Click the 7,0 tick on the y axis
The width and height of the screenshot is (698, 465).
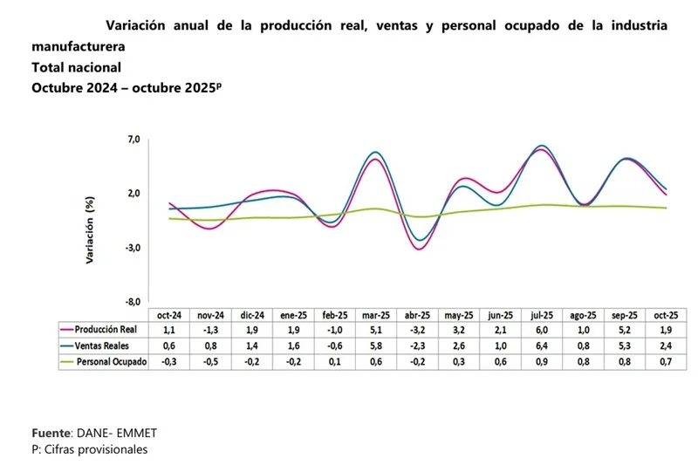coord(133,140)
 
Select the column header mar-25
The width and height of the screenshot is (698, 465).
coord(376,315)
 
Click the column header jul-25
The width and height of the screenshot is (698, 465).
coord(542,315)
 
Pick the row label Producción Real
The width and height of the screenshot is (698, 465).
coord(106,331)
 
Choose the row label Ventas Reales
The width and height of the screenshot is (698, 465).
coord(101,346)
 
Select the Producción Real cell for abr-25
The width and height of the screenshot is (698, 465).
coord(417,331)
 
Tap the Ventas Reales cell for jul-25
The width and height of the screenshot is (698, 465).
coord(542,346)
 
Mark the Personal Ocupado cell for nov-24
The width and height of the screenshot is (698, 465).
coord(210,361)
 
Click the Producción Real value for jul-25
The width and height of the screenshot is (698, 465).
coord(542,331)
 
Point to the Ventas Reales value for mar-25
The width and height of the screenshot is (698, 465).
coord(376,346)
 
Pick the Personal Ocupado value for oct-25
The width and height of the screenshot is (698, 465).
coord(667,361)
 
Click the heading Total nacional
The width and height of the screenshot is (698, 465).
coord(76,67)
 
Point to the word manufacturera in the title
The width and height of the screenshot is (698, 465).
coord(78,46)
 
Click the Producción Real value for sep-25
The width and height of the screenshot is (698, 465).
coord(625,331)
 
